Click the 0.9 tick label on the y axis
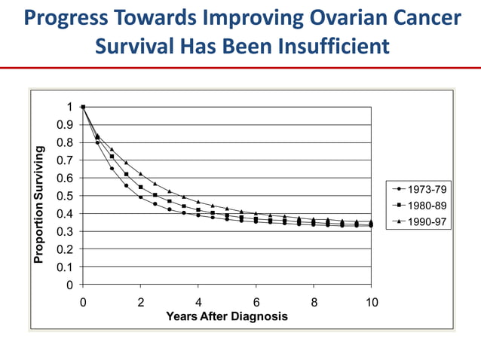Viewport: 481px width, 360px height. pos(66,125)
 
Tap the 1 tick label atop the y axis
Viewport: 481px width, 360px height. pos(71,107)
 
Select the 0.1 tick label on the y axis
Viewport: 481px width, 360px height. pos(66,267)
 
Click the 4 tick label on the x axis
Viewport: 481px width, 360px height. pos(198,302)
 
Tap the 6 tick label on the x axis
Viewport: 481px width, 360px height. pos(256,302)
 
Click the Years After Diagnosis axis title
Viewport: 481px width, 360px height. pos(227,316)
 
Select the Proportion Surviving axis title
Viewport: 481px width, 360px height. pos(38,205)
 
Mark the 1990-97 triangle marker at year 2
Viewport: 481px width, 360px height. pos(140,174)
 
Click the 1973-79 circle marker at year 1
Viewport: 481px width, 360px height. pos(112,168)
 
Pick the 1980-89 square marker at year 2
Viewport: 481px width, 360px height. pos(140,187)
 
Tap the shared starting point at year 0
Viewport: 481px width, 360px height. pos(83,107)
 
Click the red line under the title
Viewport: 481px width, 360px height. pos(240,68)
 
